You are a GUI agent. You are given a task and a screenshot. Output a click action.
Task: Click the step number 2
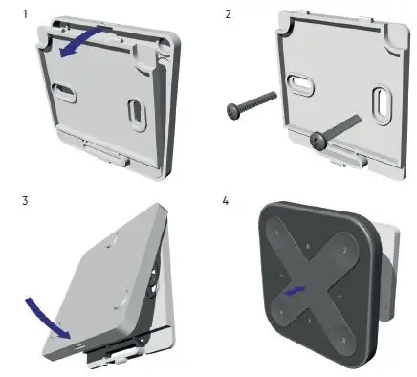click(228, 11)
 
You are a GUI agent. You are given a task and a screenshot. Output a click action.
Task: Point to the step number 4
click(228, 202)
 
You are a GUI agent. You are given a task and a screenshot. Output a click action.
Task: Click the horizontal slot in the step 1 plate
click(67, 92)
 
